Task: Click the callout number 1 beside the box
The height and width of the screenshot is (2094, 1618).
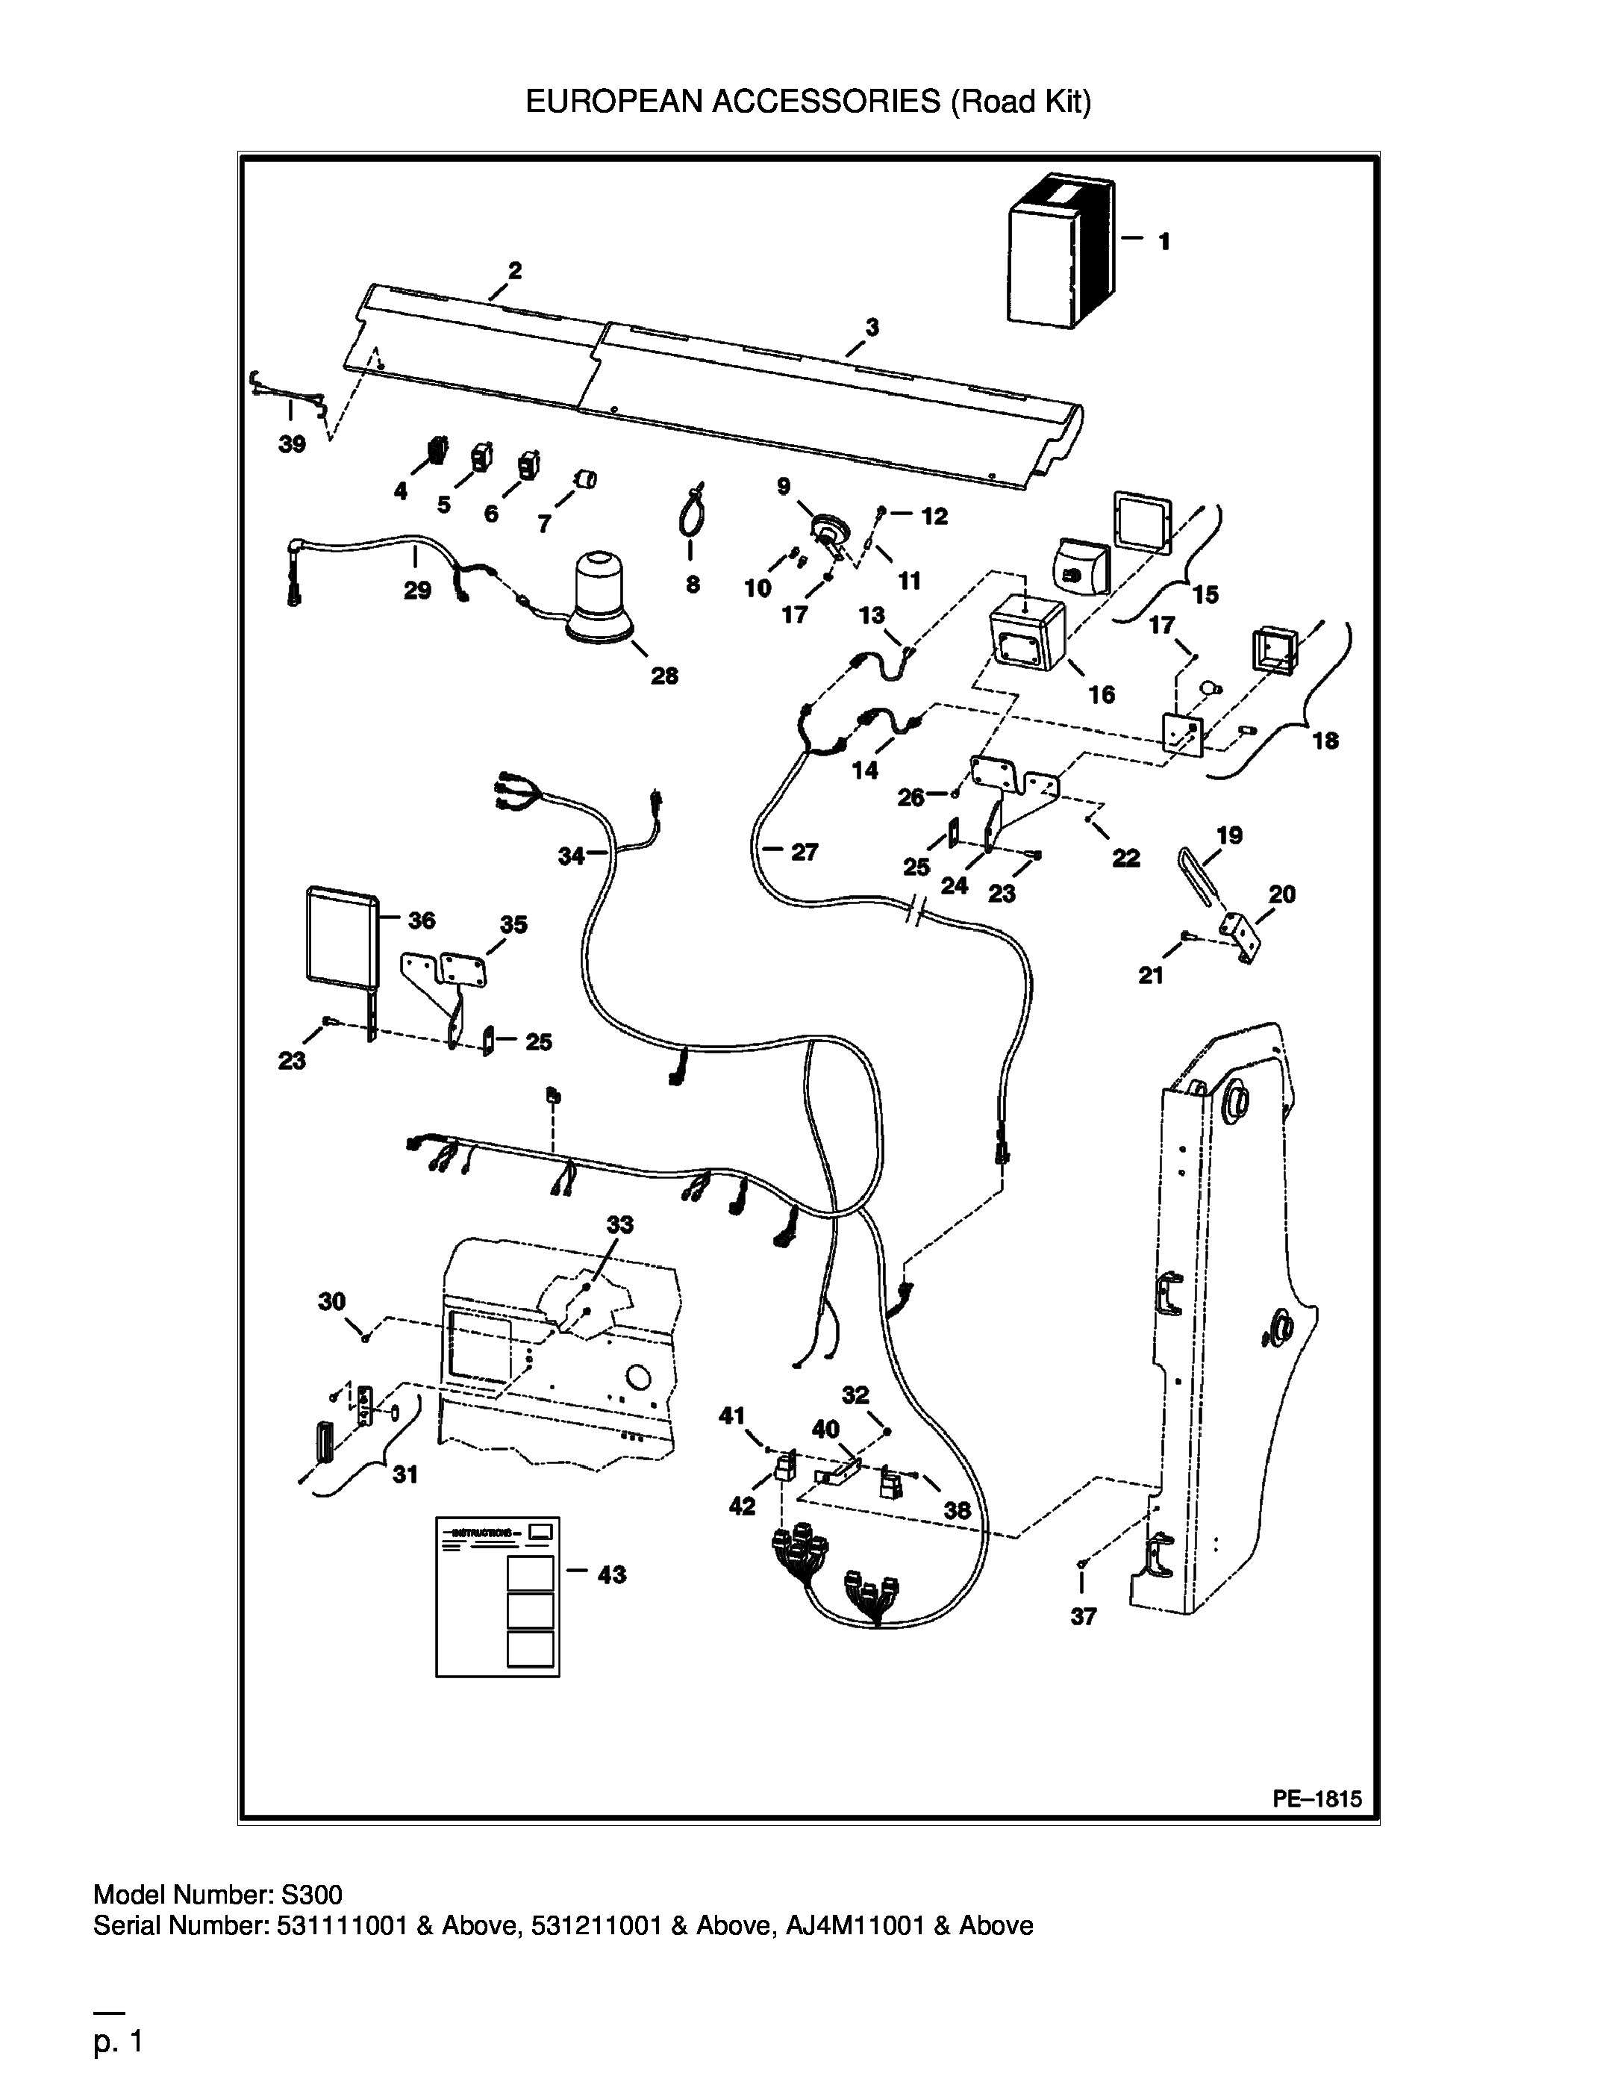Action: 1163,242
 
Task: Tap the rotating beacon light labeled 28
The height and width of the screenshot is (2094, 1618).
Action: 599,596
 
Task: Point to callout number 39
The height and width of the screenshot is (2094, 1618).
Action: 293,444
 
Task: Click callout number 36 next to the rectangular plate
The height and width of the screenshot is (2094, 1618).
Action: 422,920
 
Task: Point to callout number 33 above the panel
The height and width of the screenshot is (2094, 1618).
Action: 620,1224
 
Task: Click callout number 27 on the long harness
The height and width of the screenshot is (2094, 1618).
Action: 805,851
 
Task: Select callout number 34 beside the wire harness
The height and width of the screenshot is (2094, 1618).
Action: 571,856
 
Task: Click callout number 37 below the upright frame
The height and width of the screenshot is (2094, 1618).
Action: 1083,1616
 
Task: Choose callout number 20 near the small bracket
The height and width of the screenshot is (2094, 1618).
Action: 1282,894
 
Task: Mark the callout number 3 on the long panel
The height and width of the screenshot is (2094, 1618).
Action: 872,328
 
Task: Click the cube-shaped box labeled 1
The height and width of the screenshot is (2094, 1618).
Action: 1061,251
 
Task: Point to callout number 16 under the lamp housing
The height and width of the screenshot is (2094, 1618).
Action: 1102,694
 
